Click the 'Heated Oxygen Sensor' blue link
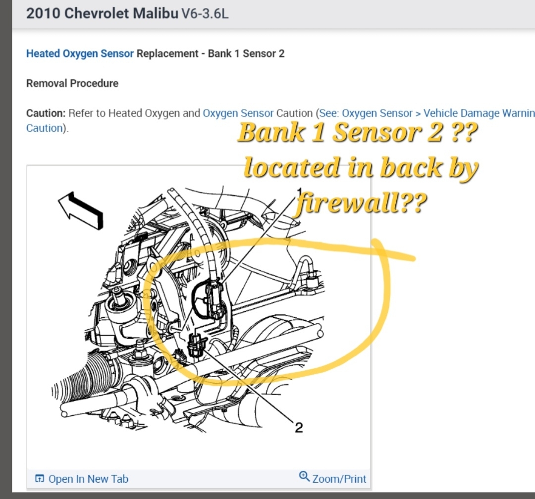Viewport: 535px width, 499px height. pyautogui.click(x=80, y=53)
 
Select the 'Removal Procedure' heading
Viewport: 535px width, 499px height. pyautogui.click(x=72, y=83)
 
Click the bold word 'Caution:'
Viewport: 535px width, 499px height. pyautogui.click(x=46, y=113)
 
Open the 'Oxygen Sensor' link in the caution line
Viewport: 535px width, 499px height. pyautogui.click(x=238, y=113)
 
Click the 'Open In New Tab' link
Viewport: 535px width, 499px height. pyautogui.click(x=88, y=479)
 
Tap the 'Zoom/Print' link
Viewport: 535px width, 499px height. pyautogui.click(x=339, y=479)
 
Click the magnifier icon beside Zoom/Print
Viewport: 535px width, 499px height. pyautogui.click(x=305, y=476)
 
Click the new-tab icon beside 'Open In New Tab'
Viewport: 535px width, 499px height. pyautogui.click(x=40, y=479)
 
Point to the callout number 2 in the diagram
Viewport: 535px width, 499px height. pyautogui.click(x=299, y=427)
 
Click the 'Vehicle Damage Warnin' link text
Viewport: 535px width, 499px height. pyautogui.click(x=479, y=113)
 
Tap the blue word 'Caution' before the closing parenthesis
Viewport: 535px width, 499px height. pyautogui.click(x=44, y=128)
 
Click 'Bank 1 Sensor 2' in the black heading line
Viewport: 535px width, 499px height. pyautogui.click(x=246, y=53)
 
